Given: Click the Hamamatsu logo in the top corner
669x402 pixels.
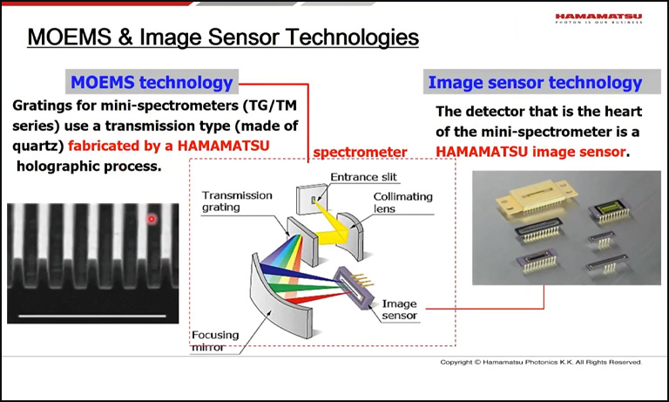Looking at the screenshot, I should coord(600,18).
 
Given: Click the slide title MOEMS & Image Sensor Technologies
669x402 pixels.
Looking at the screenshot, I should coord(223,37).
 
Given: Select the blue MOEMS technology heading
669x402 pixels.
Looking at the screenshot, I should coord(152,83).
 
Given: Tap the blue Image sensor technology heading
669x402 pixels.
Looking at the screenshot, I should coord(535,83).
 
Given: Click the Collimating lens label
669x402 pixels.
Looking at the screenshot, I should coord(403,202).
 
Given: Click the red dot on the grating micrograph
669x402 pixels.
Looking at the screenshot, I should coord(152,219).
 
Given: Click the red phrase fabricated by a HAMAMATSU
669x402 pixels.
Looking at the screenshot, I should coord(185,145).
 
